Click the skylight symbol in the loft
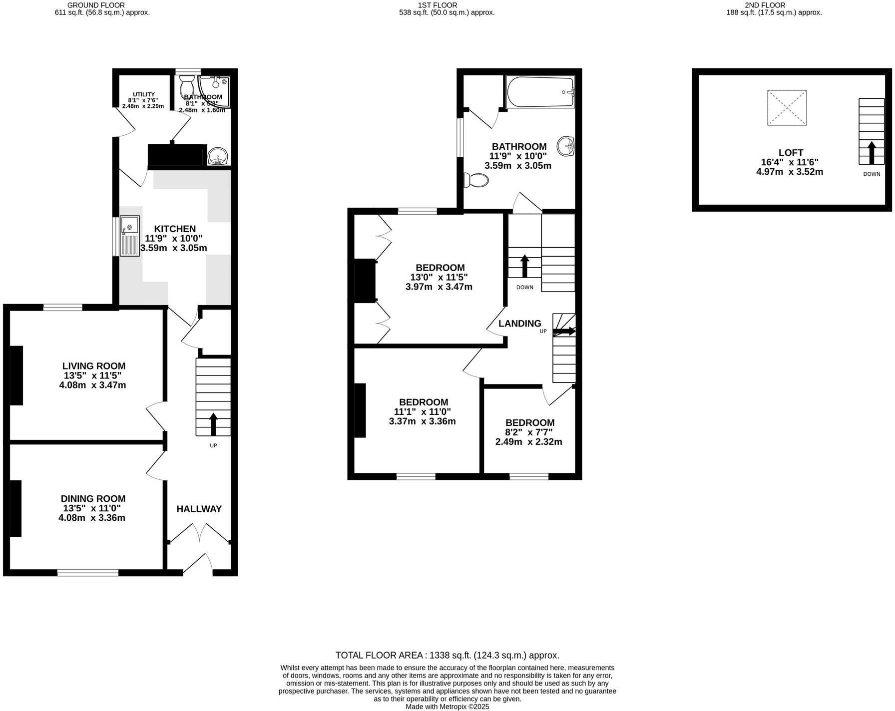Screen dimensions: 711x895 coord(787,108)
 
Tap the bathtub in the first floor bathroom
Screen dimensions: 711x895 coord(540,92)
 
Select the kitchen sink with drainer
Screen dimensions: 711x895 coord(130,236)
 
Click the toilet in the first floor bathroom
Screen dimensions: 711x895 coord(475,180)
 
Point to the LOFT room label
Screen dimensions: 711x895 coord(791,153)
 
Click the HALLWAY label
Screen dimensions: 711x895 coord(199,509)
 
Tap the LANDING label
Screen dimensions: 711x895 coord(519,324)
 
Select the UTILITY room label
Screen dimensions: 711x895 coord(143,94)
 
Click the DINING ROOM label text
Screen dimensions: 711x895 coord(93,498)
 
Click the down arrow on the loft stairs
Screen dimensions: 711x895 coord(871,153)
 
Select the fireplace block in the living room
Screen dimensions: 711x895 coord(16,375)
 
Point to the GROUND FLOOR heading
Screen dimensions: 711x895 coord(96,5)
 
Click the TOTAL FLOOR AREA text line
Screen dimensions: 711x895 coord(447,655)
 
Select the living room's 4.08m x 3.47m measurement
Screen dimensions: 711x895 coord(92,385)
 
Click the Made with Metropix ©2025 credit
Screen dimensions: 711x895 coord(447,707)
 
